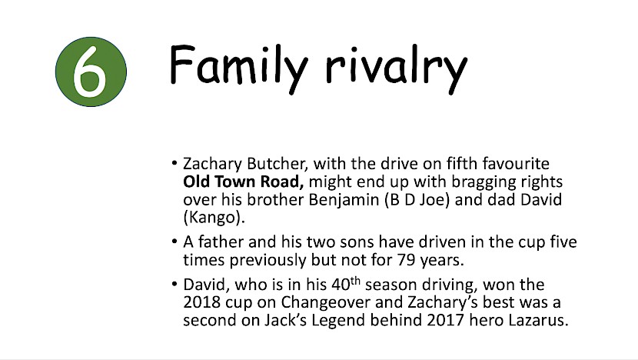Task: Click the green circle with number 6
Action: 91,72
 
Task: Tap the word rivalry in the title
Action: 397,68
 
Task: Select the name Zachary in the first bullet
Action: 212,164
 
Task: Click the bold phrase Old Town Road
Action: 244,182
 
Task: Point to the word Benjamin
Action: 344,200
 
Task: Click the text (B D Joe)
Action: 417,200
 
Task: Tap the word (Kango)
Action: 214,218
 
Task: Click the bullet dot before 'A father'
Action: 174,242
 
